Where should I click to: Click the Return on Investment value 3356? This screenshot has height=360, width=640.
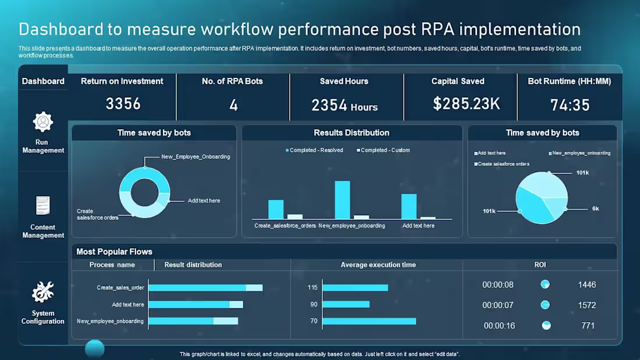(123, 104)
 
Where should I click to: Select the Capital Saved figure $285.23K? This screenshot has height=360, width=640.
(467, 104)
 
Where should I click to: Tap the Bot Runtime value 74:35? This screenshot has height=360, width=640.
(570, 105)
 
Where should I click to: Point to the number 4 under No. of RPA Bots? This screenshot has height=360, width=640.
(233, 105)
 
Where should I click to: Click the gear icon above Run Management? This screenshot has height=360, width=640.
(43, 122)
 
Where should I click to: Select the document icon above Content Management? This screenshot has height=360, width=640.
(43, 206)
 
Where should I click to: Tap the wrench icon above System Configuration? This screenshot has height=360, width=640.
(43, 291)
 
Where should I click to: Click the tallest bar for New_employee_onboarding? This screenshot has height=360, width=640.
(343, 199)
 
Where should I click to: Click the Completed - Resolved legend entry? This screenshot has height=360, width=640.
(314, 150)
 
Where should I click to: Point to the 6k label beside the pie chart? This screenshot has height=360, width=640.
(595, 208)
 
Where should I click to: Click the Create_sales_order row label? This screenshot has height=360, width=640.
(120, 288)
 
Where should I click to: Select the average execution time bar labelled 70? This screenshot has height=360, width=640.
(369, 321)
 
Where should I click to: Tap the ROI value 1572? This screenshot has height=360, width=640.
(587, 305)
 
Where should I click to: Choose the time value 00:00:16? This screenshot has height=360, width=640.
(499, 326)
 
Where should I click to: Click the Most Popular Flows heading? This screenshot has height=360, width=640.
(114, 252)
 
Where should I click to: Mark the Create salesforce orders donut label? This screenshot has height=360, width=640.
(97, 215)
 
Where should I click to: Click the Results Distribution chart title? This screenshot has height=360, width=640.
(351, 133)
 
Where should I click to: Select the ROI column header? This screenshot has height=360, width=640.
(540, 265)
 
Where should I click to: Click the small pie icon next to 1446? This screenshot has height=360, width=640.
(545, 284)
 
